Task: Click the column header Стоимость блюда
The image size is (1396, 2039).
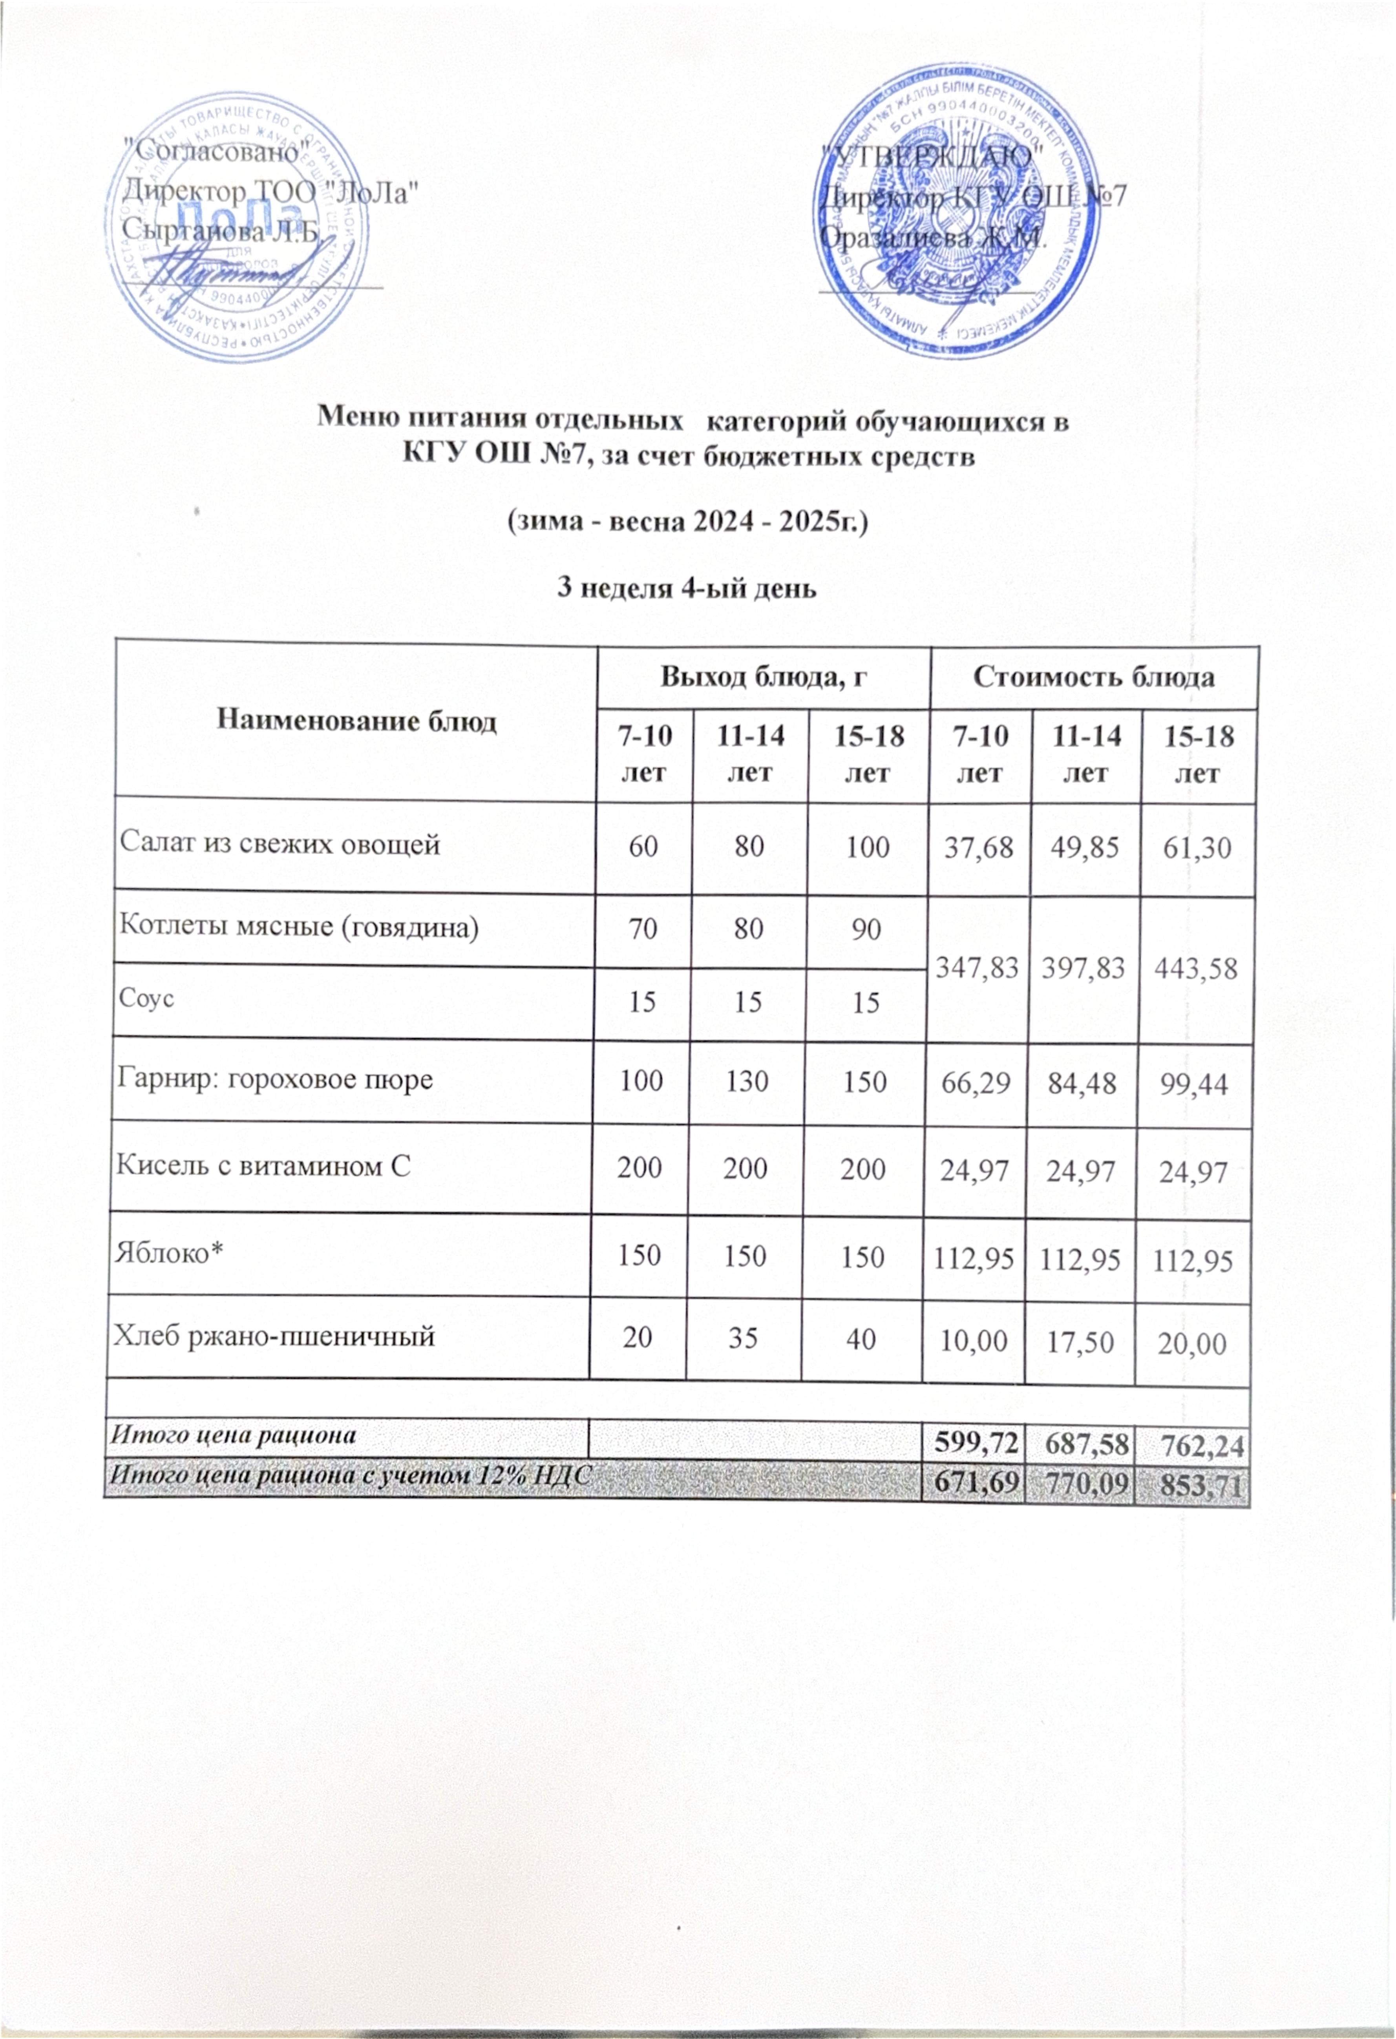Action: coord(1093,678)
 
